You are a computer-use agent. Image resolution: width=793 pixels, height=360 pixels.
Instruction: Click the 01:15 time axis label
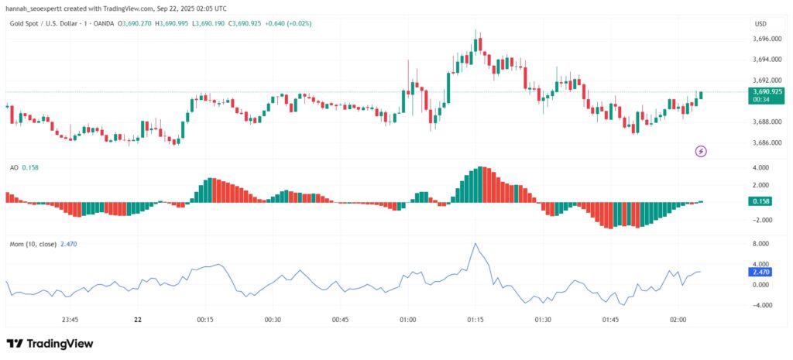pos(475,319)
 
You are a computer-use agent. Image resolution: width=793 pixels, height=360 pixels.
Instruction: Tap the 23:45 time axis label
pos(70,319)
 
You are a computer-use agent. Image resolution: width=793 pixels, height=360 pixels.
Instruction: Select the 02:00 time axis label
pos(678,319)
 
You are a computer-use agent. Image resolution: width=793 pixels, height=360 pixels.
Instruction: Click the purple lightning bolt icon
pos(701,151)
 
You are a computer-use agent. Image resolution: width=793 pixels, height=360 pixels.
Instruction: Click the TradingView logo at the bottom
pos(50,343)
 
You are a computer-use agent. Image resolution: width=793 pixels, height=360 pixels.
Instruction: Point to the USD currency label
pos(760,24)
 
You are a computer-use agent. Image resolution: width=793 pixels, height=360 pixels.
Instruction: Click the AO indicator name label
pos(14,167)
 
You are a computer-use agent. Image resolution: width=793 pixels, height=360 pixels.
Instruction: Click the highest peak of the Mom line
pos(475,244)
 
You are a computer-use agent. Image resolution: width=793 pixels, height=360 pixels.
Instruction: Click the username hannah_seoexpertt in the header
pos(36,7)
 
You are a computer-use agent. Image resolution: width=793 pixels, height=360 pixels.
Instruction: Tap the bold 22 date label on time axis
pos(138,319)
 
